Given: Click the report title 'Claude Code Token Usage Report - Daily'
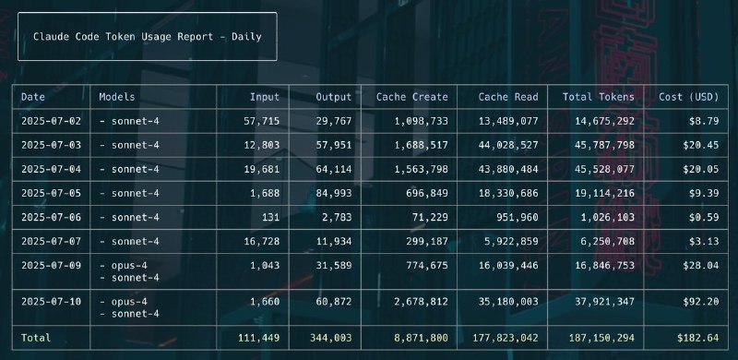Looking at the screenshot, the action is coord(148,37).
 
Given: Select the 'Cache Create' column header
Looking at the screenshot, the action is coord(411,97).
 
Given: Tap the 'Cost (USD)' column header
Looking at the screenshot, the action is coord(688,97).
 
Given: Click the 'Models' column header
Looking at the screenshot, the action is coord(117,97).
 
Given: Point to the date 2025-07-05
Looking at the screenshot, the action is coord(51,193).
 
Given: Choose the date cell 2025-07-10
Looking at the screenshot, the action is coord(51,302).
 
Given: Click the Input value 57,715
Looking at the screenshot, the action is coord(261,121).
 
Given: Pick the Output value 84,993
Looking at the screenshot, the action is coord(334,193).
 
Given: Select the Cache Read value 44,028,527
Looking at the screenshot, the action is coord(508,145).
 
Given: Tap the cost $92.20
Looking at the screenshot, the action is coord(701,302).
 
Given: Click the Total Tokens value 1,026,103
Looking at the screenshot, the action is coord(604,217).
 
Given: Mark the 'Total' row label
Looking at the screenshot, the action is coord(36,338).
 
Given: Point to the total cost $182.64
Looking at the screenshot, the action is coord(698,338).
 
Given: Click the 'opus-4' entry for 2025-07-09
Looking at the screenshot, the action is coord(124,266).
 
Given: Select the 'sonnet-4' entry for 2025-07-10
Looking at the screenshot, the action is coord(129,314).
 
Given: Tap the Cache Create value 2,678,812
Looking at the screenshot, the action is coord(422,302).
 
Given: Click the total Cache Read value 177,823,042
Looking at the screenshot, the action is coord(505,338).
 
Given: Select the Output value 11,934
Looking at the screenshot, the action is coord(334,242).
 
